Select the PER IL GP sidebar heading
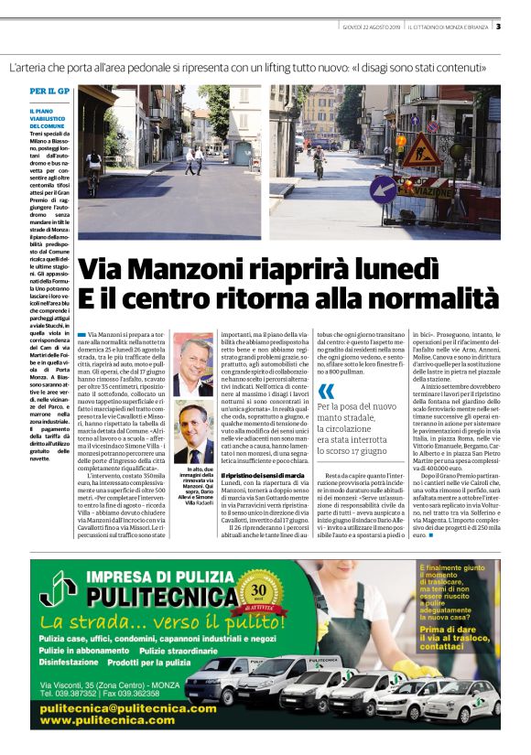pyautogui.click(x=49, y=92)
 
